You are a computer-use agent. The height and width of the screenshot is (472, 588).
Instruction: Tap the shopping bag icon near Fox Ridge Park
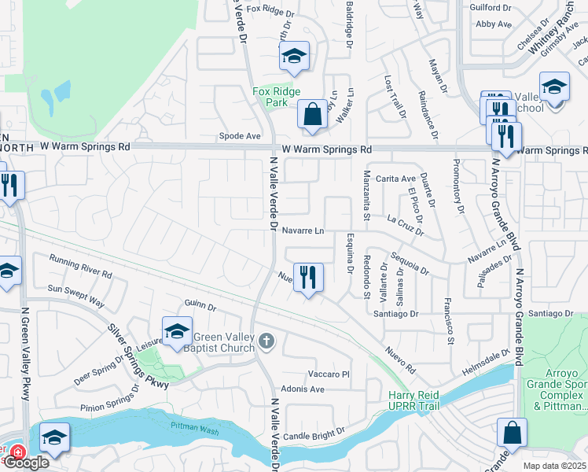coord(312,114)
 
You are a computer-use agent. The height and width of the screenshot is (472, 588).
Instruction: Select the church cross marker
coord(266,341)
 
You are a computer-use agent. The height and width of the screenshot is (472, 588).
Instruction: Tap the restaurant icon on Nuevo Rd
coord(309,277)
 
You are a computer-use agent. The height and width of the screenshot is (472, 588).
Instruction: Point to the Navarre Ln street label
coord(303,231)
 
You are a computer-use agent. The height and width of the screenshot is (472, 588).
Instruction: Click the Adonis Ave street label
coord(303,389)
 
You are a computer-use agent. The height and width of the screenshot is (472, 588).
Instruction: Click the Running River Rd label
coord(80,266)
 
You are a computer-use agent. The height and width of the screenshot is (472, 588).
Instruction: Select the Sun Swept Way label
coord(76,295)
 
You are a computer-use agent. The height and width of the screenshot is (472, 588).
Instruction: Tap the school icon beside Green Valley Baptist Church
coord(177,331)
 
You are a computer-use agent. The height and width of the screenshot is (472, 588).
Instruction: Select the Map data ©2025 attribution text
coord(554,466)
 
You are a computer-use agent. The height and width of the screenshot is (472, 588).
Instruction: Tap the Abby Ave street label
coord(494,24)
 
